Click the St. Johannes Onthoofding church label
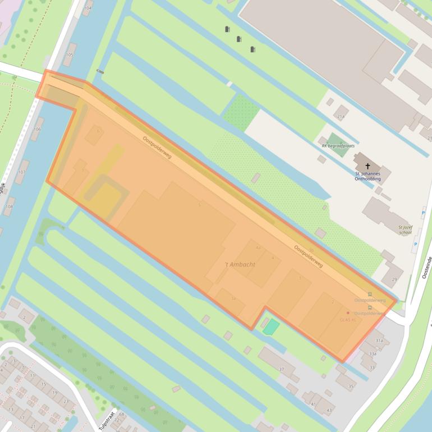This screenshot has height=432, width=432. click(367, 176)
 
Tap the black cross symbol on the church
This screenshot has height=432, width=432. click(368, 166)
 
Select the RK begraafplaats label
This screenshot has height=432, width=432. click(338, 146)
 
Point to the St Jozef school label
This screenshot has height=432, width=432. click(405, 229)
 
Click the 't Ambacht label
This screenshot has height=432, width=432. click(240, 264)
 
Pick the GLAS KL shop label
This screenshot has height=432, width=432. click(348, 320)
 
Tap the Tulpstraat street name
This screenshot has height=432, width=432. click(107, 417)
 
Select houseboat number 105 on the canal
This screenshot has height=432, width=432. click(70, 54)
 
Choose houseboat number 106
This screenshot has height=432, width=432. click(37, 129)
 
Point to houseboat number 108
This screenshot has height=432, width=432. click(9, 206)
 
